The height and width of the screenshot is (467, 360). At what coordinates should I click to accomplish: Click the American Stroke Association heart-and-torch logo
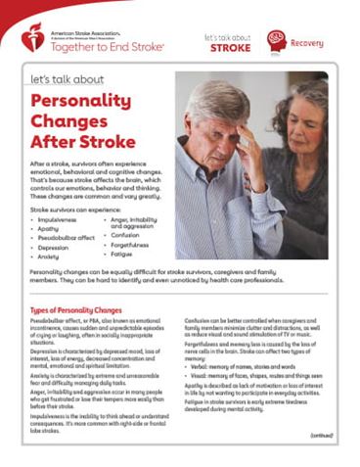33,37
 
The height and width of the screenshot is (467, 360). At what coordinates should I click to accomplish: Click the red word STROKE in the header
230,46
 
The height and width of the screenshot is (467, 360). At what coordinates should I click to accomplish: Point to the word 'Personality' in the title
79,101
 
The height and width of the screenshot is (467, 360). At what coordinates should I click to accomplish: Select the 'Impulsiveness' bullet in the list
57,221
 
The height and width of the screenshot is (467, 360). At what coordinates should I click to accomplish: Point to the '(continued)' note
321,435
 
